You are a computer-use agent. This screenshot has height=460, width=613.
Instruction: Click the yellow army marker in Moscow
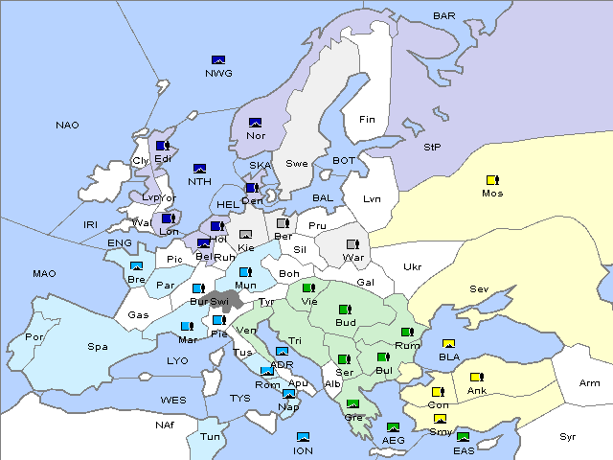click(x=492, y=179)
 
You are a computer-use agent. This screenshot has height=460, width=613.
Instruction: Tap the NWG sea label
click(x=217, y=73)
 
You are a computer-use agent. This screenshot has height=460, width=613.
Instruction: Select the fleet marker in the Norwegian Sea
click(x=217, y=59)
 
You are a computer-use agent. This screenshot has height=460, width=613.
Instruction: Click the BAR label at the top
click(x=444, y=16)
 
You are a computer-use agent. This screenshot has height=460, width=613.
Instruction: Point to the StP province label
click(x=433, y=148)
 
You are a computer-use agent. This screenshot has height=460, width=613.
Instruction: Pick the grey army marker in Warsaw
click(x=352, y=243)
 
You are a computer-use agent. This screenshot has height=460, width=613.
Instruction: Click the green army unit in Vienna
click(x=307, y=287)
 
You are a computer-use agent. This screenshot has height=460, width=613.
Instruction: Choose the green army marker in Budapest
click(x=345, y=310)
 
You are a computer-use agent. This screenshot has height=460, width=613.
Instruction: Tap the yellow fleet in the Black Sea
click(x=447, y=343)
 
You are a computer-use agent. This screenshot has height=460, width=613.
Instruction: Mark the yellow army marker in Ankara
click(x=475, y=377)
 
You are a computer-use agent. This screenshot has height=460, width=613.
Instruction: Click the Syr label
click(x=569, y=436)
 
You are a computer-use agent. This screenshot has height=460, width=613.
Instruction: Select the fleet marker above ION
click(x=304, y=437)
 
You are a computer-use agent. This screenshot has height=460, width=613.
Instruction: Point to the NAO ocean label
click(x=68, y=126)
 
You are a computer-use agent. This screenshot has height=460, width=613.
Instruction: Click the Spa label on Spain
click(x=98, y=346)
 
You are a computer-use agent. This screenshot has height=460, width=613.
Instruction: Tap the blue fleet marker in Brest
click(x=137, y=265)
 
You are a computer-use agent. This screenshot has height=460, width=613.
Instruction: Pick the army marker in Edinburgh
click(x=162, y=146)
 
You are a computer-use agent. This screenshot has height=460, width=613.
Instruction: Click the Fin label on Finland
click(x=367, y=120)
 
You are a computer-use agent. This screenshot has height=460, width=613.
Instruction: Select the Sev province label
click(x=479, y=288)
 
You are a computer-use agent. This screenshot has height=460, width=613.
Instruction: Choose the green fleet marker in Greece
click(x=352, y=403)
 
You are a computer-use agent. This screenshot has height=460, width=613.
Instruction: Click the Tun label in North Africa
click(x=210, y=436)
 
